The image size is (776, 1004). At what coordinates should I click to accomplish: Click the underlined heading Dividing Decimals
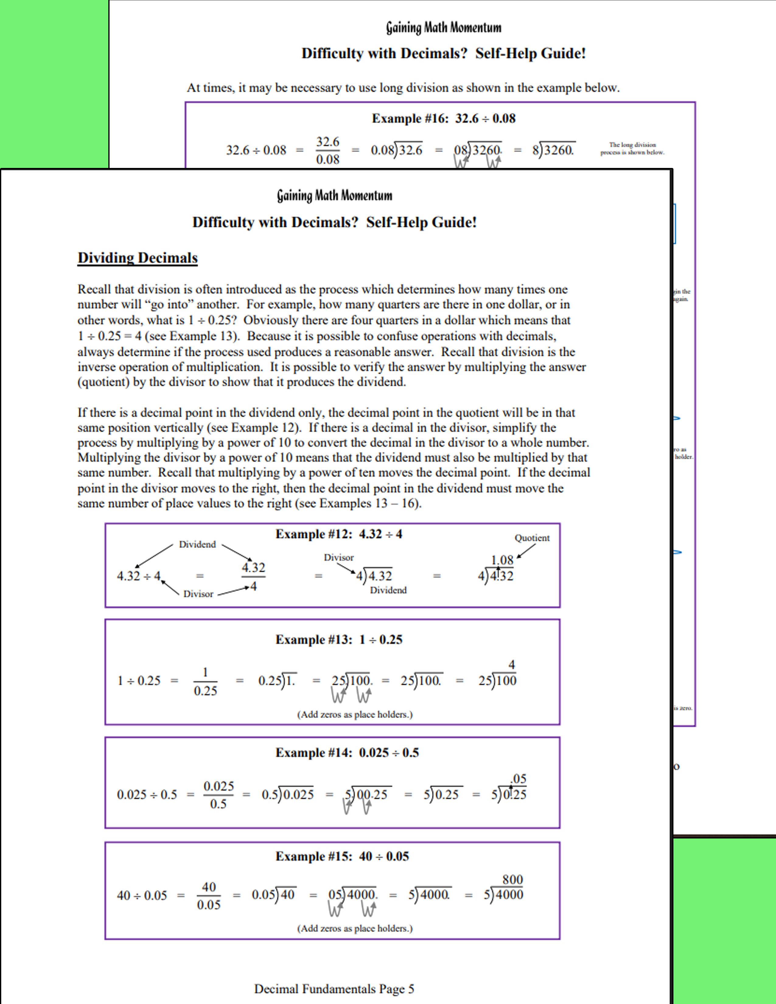coord(138,258)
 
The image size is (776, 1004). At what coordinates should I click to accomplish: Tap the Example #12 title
coord(339,534)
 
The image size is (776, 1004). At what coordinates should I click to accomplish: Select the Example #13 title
coord(339,640)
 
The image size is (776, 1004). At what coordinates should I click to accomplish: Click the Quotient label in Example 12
coord(532,538)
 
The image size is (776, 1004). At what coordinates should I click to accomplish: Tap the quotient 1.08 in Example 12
coord(502,560)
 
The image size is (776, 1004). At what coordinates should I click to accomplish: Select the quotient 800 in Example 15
coord(512,880)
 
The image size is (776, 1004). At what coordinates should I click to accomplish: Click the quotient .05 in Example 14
coord(518,779)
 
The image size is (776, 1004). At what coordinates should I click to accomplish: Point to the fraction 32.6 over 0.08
coord(327,150)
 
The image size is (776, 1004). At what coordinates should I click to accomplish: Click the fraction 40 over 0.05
coord(209,895)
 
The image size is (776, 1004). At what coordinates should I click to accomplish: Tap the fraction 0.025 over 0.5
coord(218,795)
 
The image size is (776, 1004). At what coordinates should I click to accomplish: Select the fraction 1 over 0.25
coord(205,681)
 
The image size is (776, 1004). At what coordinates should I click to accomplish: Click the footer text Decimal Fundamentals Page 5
coord(334,988)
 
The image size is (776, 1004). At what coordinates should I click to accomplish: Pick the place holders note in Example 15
coord(355,928)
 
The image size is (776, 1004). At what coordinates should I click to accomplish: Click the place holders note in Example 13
coord(355,714)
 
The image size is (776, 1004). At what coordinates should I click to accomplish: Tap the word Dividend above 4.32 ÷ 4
coord(197,544)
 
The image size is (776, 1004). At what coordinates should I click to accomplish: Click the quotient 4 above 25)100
coord(512,665)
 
